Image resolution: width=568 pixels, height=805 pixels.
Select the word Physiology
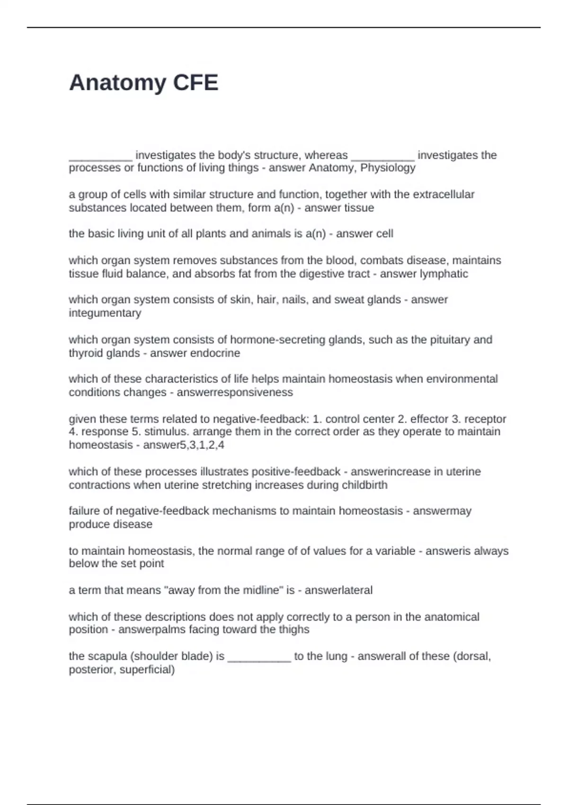pos(388,168)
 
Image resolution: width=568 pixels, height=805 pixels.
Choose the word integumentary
pos(105,313)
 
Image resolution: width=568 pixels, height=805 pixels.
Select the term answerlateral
pos(338,590)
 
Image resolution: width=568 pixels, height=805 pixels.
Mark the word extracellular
pos(444,195)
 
